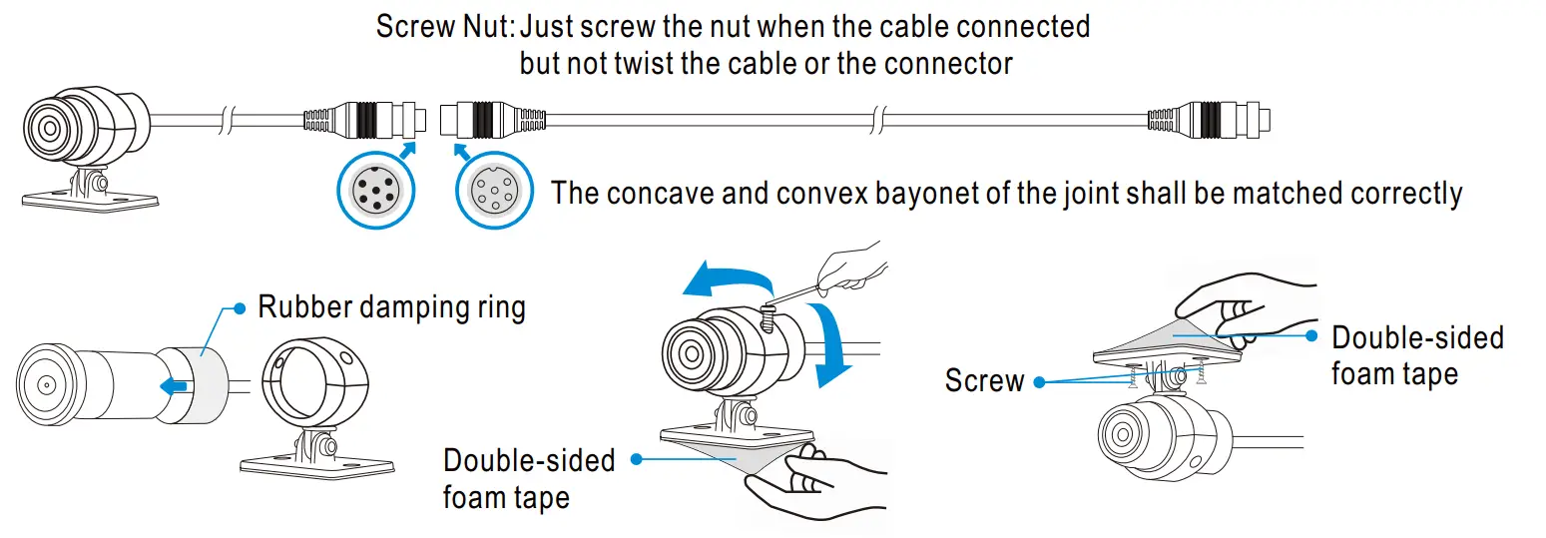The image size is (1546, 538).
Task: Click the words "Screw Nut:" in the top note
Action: (445, 27)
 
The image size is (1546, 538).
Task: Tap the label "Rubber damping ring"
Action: (391, 307)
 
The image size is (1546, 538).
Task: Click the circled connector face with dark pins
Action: (376, 190)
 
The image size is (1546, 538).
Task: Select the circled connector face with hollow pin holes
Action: (494, 190)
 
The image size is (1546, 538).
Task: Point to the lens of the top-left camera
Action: (50, 128)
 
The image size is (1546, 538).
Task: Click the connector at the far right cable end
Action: (1210, 119)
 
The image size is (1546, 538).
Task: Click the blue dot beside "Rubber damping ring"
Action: (240, 308)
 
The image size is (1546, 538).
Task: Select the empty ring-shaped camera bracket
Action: (315, 381)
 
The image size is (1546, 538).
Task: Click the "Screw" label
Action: (984, 380)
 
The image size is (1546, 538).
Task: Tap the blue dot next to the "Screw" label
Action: (1039, 382)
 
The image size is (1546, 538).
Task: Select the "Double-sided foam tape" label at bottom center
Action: (529, 478)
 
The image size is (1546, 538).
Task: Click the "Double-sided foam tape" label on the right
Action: (1417, 355)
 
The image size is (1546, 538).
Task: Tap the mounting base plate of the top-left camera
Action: (91, 201)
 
